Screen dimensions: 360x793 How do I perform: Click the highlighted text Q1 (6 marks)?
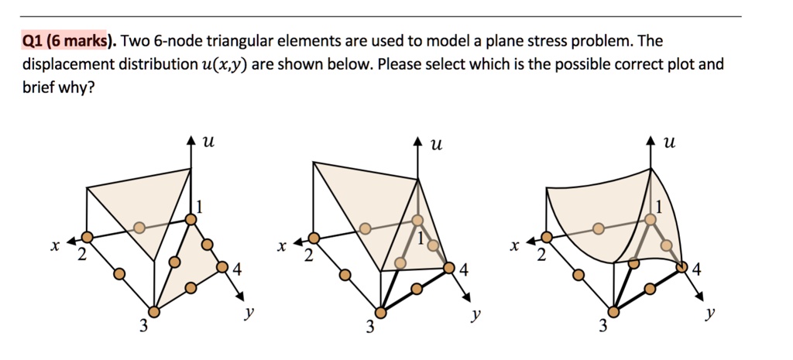65,41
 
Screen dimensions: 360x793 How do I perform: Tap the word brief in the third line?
39,87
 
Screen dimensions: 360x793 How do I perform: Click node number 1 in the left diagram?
199,207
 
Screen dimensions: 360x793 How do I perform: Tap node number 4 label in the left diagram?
236,271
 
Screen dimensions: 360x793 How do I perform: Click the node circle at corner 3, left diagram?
153,311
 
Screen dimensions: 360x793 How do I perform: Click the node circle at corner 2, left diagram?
87,237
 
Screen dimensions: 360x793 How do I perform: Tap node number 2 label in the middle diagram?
308,258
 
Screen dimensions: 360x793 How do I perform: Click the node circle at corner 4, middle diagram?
450,268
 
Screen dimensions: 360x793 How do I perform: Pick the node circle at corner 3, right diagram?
614,311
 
